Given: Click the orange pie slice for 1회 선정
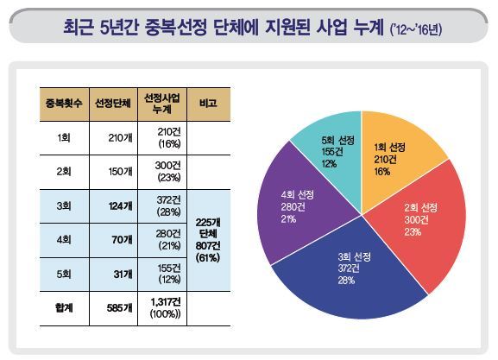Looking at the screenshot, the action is (397, 159).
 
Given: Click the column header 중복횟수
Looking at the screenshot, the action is (64, 104).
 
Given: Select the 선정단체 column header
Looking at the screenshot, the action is (113, 104).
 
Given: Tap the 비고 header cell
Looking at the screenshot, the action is (209, 104).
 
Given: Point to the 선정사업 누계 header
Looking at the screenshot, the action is (162, 104).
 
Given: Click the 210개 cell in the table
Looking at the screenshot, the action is (113, 138).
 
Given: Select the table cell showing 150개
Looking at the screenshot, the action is (113, 172).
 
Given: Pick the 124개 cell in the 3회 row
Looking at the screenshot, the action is (113, 206).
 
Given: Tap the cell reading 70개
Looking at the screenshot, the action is (113, 240).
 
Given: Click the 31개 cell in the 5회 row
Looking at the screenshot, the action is (113, 275).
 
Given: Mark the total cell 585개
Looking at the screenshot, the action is (113, 308).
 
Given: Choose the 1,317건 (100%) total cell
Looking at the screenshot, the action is (162, 308).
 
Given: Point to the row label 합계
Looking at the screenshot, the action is (64, 308).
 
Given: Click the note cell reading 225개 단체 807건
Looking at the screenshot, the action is (209, 240).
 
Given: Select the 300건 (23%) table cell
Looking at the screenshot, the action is (162, 172).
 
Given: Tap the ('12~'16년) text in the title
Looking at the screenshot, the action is (416, 30).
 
